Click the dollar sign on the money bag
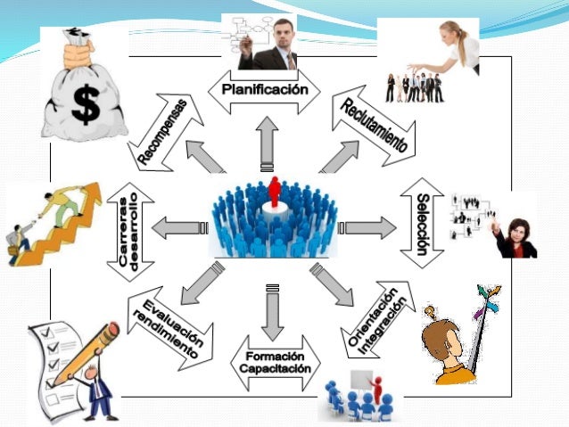tap(86, 105)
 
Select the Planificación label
tap(264, 90)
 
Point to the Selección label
tap(423, 223)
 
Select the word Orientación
tap(371, 317)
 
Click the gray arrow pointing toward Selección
tap(368, 228)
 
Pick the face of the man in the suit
tap(284, 32)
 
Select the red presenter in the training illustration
tap(376, 388)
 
